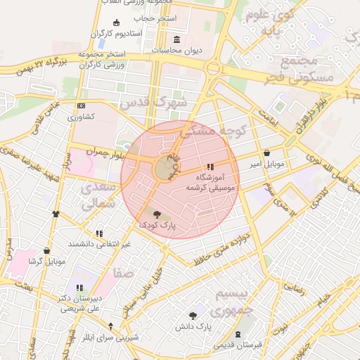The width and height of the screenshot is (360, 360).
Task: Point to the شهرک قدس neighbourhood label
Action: (x=154, y=101)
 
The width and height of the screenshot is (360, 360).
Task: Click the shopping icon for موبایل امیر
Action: (x=266, y=153)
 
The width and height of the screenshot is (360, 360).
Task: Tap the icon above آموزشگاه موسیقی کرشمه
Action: (x=210, y=167)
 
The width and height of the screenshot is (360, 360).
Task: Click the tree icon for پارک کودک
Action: (x=156, y=214)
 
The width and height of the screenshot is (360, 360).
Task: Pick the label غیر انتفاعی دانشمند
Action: (x=99, y=243)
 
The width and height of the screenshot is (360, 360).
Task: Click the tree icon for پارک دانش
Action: (x=194, y=316)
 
